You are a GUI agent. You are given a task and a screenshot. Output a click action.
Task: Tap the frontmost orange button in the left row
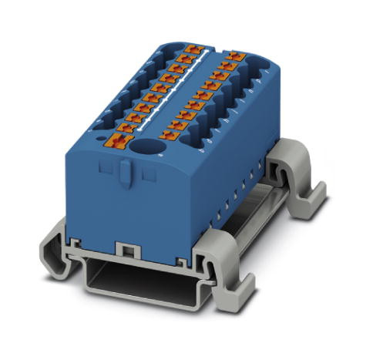click(118, 140)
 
